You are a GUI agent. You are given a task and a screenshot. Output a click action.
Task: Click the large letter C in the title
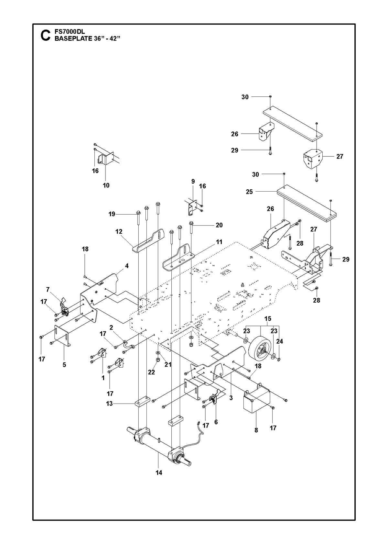click(x=45, y=35)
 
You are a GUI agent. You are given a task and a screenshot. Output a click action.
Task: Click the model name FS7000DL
click(x=70, y=32)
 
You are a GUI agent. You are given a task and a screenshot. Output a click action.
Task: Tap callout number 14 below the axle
click(x=159, y=472)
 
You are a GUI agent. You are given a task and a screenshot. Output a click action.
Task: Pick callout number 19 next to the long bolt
click(x=112, y=214)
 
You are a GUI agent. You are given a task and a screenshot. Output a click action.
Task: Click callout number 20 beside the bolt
click(x=219, y=225)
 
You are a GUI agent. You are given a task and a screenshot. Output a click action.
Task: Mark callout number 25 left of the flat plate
click(x=249, y=192)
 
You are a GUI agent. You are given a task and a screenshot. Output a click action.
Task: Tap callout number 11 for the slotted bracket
click(x=219, y=242)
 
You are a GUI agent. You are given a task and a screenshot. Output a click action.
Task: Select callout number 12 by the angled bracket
click(x=119, y=231)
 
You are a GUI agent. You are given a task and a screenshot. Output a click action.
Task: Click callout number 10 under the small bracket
click(x=106, y=185)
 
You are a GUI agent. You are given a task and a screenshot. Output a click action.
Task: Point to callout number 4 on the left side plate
click(x=127, y=266)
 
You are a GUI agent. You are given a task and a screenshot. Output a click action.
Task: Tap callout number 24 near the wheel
click(x=280, y=341)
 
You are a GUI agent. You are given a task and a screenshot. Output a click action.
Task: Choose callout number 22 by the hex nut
click(x=151, y=372)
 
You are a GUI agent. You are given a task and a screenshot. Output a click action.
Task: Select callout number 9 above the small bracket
click(x=193, y=181)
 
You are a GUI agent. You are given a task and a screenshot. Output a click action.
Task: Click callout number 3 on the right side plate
click(x=231, y=398)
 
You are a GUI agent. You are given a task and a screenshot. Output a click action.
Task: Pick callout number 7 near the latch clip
click(x=48, y=289)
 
